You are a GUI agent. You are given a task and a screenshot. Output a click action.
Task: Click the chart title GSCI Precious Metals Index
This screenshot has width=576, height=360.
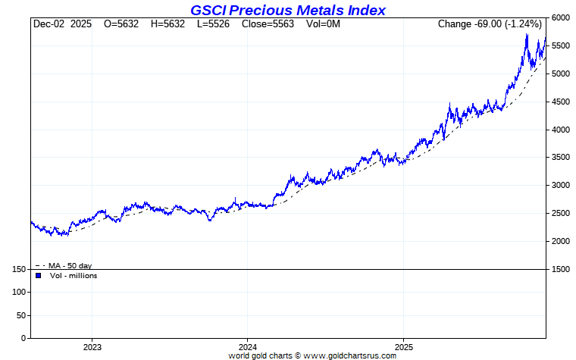(287, 10)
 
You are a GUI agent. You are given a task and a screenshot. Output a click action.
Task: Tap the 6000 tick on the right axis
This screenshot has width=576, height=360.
(560, 17)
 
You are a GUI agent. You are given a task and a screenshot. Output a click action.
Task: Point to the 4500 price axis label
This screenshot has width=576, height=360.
(560, 102)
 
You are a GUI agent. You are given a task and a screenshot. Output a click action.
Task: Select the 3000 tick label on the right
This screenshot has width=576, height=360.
(560, 185)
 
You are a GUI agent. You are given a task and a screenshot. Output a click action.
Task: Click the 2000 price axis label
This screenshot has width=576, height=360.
(560, 241)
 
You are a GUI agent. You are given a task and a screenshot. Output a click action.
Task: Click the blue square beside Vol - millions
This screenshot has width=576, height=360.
(38, 276)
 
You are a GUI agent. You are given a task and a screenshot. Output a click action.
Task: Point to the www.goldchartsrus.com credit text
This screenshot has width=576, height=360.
(351, 355)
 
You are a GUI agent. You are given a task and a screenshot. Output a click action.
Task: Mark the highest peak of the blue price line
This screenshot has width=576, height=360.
(527, 34)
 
